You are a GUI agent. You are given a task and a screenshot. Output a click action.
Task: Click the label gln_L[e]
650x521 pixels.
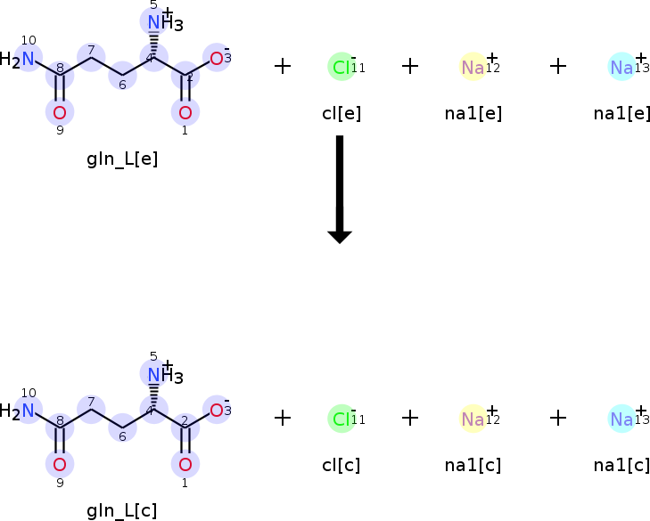[x=122, y=159]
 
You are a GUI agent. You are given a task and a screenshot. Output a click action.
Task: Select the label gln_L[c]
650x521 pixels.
[x=122, y=510]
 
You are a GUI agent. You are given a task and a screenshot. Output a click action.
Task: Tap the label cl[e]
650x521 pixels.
[x=341, y=113]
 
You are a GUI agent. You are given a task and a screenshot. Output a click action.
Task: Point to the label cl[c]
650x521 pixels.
[x=341, y=464]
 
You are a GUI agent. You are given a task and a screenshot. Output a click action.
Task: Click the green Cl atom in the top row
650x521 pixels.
[x=341, y=67]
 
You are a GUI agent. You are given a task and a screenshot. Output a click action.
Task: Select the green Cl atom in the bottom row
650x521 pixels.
[x=341, y=419]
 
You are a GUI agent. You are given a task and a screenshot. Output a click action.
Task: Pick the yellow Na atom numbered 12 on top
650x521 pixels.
[x=473, y=67]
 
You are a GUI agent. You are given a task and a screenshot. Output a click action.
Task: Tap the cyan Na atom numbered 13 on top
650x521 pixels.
[x=621, y=67]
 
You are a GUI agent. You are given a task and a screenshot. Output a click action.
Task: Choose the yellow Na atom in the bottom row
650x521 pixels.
[x=473, y=419]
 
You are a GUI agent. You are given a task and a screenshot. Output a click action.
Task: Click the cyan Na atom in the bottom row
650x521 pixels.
[x=621, y=419]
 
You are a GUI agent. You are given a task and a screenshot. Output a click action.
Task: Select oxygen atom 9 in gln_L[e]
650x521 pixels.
[x=60, y=112]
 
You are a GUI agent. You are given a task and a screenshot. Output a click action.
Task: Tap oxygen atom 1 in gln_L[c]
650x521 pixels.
[x=185, y=464]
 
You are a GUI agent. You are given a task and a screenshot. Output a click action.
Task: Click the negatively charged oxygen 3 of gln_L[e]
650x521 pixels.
[x=216, y=59]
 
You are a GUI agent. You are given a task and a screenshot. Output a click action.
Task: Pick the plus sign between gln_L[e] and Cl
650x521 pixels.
[x=283, y=66]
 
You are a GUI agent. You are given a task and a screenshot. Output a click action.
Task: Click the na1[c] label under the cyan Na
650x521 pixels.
[x=621, y=464]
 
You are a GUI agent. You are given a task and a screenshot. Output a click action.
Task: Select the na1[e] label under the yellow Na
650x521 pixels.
[x=473, y=113]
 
